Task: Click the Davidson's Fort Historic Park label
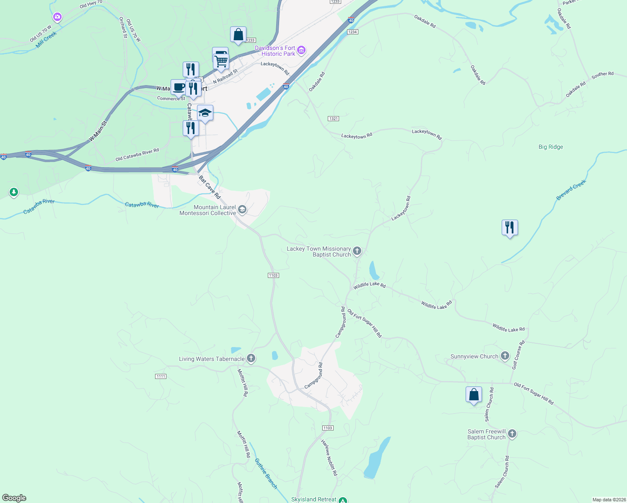(x=275, y=51)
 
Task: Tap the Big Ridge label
(x=551, y=147)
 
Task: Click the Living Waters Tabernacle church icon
(x=251, y=358)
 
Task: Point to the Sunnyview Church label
(x=474, y=356)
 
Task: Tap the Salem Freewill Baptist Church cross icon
(x=512, y=434)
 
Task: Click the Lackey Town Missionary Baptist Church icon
(x=357, y=251)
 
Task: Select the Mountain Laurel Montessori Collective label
(x=207, y=210)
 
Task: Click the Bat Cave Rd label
(x=210, y=187)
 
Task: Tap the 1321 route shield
(x=333, y=119)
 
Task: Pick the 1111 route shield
(x=161, y=376)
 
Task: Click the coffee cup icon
(x=179, y=87)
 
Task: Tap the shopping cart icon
(x=221, y=61)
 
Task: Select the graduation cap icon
(x=205, y=113)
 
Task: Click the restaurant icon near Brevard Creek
(x=510, y=228)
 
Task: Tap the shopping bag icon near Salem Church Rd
(x=474, y=394)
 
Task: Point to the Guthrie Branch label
(x=266, y=473)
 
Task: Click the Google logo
(x=14, y=498)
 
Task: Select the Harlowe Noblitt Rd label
(x=329, y=457)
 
